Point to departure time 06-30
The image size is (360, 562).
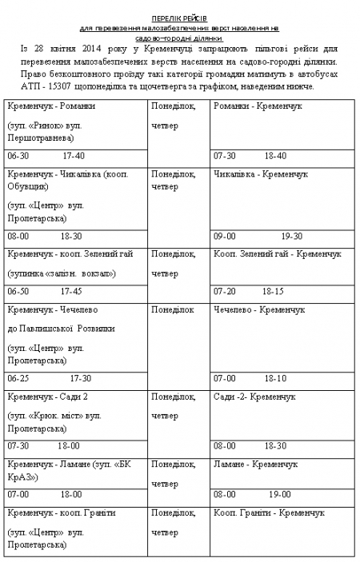pos(18,156)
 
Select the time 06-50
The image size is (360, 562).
pos(18,291)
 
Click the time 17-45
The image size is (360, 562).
pos(71,291)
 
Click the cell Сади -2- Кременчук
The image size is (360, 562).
pos(254,397)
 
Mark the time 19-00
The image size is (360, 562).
pos(279,495)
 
